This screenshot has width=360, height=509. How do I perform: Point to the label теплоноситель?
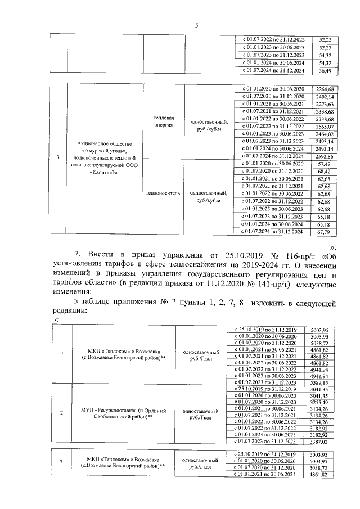click(x=164, y=193)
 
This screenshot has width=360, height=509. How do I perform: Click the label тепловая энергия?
click(x=164, y=122)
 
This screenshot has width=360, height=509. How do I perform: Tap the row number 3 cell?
click(x=58, y=157)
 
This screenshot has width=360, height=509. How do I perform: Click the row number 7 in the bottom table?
click(x=62, y=464)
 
